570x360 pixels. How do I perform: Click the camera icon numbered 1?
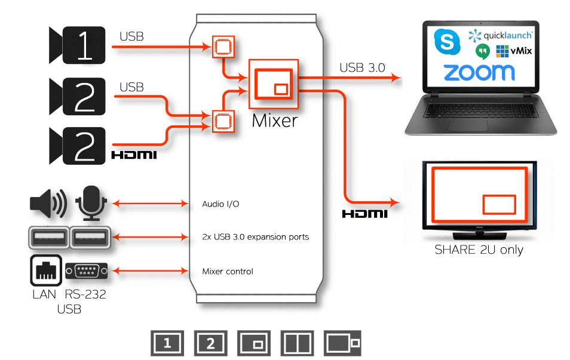[78, 45]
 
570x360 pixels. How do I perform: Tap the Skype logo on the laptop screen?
[445, 42]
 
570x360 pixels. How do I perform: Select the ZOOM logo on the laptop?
[479, 72]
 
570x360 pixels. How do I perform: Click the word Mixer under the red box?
[274, 121]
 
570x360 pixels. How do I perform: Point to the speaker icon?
[48, 204]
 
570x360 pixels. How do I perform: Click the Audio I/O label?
[220, 204]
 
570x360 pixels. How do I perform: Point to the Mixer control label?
[228, 272]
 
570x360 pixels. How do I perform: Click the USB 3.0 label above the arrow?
[362, 67]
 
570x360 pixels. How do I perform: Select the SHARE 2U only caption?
[479, 250]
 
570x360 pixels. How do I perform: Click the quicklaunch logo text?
[507, 35]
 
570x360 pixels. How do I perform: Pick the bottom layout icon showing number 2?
[210, 343]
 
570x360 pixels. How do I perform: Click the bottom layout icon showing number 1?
[167, 343]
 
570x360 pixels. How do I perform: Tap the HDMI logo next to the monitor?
[364, 213]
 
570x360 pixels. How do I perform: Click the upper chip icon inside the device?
[223, 46]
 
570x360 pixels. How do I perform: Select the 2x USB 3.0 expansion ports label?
[256, 237]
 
